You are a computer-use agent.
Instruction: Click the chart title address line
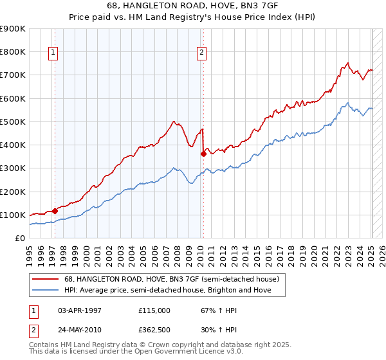(x=193, y=6)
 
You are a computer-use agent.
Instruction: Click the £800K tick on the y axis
(x=13, y=51)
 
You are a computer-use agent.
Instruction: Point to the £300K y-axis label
(x=13, y=168)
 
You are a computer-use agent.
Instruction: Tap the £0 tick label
(x=19, y=239)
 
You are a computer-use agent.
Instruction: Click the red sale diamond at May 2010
(x=203, y=154)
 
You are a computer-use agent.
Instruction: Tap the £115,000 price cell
(x=155, y=310)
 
